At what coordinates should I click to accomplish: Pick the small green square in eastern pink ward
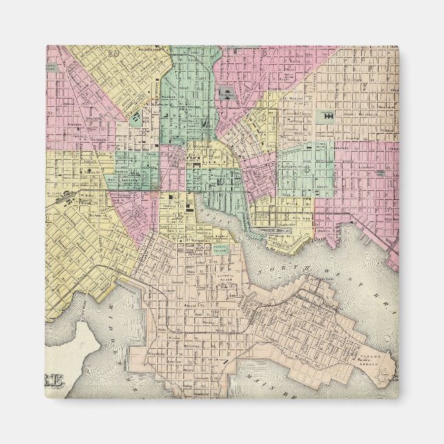click(x=378, y=172)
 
